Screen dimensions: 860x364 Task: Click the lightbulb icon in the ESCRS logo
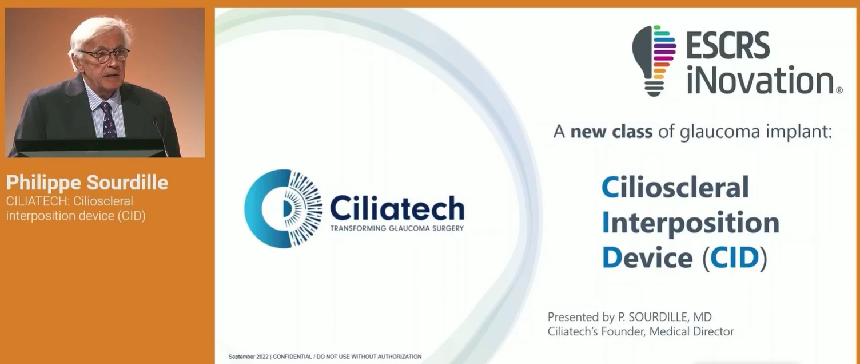(x=654, y=61)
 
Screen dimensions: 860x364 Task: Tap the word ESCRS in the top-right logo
(x=728, y=46)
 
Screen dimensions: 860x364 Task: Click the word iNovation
(x=759, y=80)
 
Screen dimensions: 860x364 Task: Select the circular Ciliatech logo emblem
(x=284, y=209)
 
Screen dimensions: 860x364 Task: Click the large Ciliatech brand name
(x=397, y=208)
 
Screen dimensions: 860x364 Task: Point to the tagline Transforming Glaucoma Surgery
(x=397, y=228)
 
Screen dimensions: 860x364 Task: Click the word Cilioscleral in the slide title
(x=675, y=187)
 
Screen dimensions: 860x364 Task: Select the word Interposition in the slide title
(x=691, y=223)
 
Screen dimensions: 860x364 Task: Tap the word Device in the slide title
(x=647, y=258)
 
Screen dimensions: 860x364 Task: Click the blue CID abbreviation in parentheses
(x=734, y=258)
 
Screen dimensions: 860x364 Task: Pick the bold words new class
(x=611, y=132)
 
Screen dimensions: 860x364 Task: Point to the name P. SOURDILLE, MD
(x=664, y=317)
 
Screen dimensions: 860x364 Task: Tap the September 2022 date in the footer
(x=248, y=357)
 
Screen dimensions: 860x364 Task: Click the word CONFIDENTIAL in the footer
(x=293, y=357)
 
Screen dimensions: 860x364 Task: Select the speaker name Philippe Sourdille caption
(x=87, y=183)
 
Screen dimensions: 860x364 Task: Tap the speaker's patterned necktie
(x=108, y=120)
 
